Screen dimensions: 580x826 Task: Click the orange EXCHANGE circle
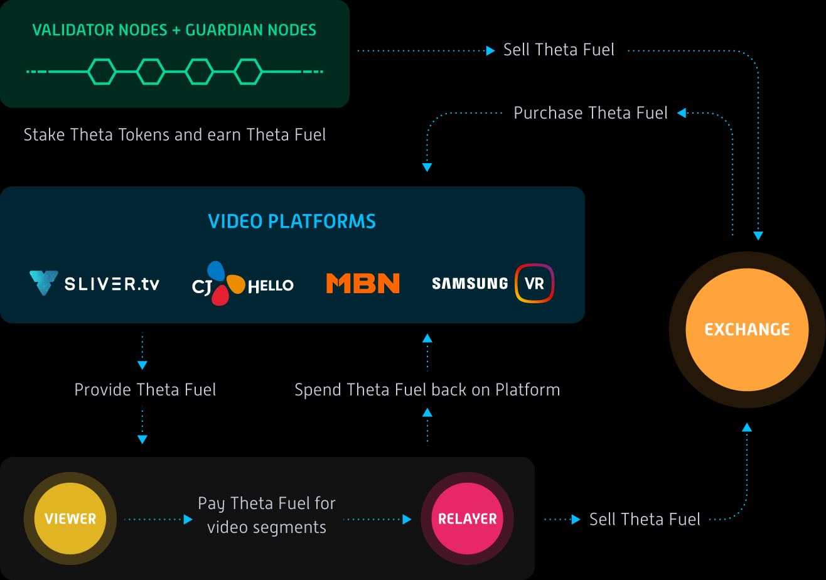[x=747, y=330]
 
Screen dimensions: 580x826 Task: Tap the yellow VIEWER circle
[x=70, y=518]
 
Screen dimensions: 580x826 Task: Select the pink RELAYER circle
[x=467, y=518]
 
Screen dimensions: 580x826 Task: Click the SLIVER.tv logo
[x=95, y=284]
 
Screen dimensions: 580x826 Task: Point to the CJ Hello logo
[x=242, y=284]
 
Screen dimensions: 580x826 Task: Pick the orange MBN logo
[x=363, y=284]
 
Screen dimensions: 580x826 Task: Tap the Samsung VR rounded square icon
[x=534, y=283]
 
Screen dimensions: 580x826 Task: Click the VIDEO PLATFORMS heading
[x=292, y=222]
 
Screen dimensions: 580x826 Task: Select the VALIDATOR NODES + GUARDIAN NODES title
[x=174, y=30]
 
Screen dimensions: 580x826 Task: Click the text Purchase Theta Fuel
[x=590, y=113]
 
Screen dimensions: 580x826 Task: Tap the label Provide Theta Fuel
[x=145, y=390]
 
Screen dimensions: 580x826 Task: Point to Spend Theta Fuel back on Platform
[x=427, y=390]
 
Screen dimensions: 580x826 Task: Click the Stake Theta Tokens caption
[x=174, y=135]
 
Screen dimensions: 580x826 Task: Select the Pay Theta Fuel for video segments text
[x=267, y=515]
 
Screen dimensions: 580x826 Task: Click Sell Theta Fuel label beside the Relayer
[x=645, y=519]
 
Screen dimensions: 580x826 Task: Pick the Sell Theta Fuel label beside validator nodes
[x=559, y=50]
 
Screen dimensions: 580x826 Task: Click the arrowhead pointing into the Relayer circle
[x=407, y=519]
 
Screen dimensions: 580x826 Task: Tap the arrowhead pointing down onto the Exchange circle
[x=758, y=236]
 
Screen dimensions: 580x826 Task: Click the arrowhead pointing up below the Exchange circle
[x=747, y=427]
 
